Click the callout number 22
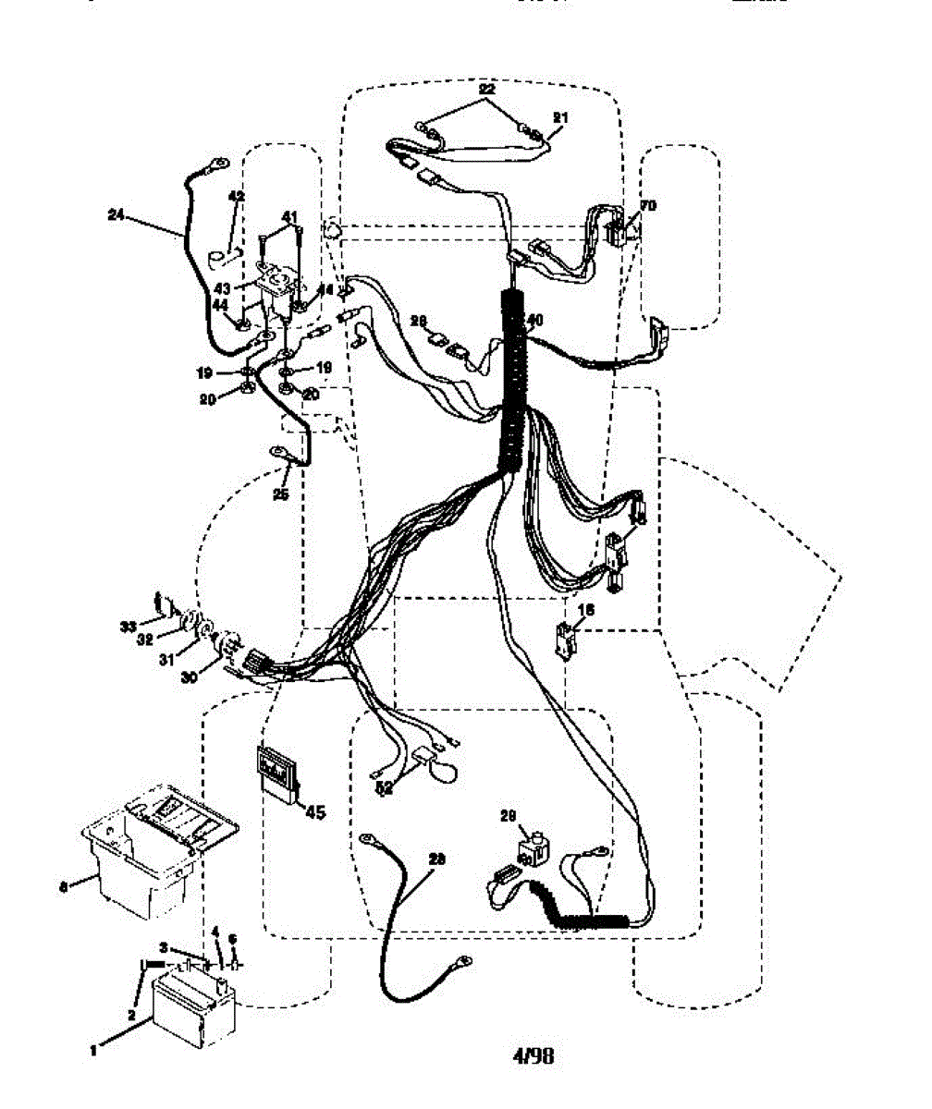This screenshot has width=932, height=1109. click(486, 89)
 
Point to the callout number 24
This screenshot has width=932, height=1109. click(116, 216)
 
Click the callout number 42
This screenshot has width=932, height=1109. click(237, 197)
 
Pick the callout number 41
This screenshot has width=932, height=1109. click(289, 216)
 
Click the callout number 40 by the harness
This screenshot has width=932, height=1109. click(533, 320)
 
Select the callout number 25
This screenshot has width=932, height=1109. click(281, 494)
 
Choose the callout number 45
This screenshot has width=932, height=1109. click(315, 812)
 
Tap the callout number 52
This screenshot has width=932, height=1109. click(384, 788)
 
